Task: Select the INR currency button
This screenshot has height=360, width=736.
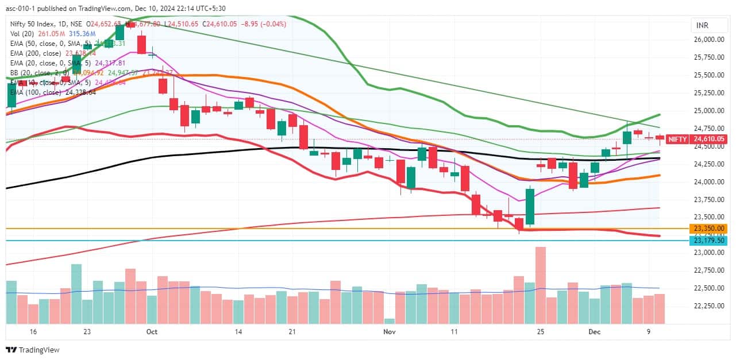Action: click(x=702, y=26)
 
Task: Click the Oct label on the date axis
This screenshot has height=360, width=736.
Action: click(x=152, y=332)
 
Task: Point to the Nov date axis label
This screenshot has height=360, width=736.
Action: click(x=390, y=332)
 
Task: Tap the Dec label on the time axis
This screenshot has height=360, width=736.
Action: click(x=595, y=332)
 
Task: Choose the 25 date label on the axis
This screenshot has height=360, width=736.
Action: click(x=540, y=332)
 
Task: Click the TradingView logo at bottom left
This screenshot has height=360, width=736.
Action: click(x=33, y=350)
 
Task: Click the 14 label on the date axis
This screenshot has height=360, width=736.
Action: click(x=238, y=332)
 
